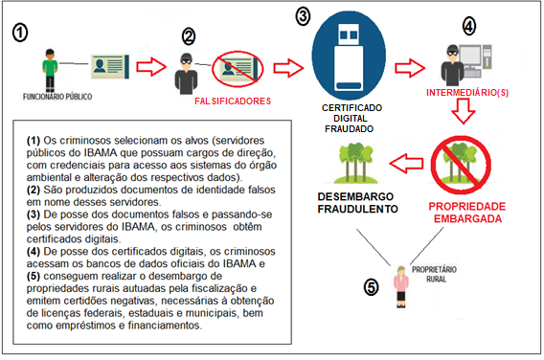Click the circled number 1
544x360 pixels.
[x=21, y=32]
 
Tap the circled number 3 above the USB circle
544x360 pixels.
[x=304, y=16]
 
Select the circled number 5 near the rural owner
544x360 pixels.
[x=372, y=285]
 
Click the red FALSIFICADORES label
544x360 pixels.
[x=233, y=101]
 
